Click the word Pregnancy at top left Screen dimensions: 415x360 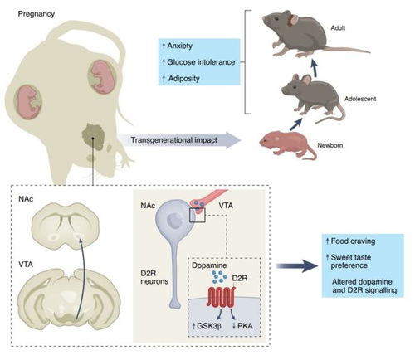click(x=36, y=14)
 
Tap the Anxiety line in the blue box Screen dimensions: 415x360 click(x=178, y=46)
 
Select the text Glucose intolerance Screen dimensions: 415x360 click(x=198, y=62)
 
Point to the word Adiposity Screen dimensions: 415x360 click(x=181, y=79)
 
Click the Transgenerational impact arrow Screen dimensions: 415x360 click(x=179, y=140)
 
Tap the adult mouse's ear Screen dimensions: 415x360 click(x=293, y=20)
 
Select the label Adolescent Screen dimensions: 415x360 click(x=360, y=99)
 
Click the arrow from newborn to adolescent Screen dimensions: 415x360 click(x=296, y=124)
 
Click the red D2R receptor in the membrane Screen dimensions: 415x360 click(x=221, y=297)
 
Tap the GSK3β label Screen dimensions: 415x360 click(x=207, y=326)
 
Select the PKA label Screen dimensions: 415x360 click(x=242, y=326)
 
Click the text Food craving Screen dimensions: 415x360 click(x=350, y=241)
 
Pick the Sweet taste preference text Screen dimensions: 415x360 click(x=349, y=261)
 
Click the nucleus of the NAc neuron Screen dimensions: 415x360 click(x=175, y=221)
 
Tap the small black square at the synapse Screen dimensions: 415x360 click(x=198, y=215)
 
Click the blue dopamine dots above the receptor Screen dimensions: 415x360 click(x=220, y=277)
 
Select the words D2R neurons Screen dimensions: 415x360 click(x=154, y=277)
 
